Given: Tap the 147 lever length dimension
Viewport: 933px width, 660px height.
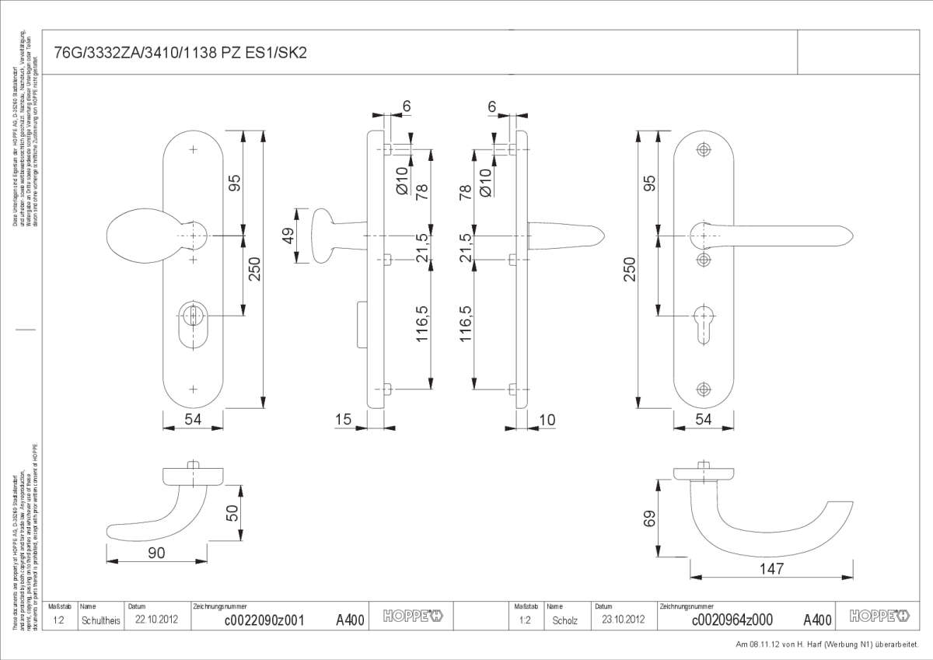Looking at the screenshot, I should tap(771, 569).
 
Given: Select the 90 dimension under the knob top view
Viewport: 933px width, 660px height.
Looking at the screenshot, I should tap(156, 553).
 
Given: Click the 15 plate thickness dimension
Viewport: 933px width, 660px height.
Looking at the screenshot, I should tap(343, 420).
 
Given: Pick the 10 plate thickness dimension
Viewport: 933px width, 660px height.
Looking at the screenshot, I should tap(547, 420).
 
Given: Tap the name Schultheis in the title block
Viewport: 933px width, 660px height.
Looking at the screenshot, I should tap(100, 620).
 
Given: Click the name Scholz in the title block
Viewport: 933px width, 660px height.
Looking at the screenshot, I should tap(565, 620).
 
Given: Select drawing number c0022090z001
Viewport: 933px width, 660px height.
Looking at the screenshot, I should tap(264, 620).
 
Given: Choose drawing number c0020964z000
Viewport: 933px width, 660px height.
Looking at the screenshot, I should tap(732, 620).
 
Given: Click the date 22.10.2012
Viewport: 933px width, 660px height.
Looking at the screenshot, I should tap(157, 620).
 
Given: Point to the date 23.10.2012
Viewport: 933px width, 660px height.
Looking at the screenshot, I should tap(624, 620).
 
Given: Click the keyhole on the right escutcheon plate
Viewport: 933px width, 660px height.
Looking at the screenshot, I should tap(704, 322).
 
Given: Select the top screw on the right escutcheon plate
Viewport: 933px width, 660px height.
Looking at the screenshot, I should tap(704, 150).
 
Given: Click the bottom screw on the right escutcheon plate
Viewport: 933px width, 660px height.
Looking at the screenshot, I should tap(704, 389).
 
